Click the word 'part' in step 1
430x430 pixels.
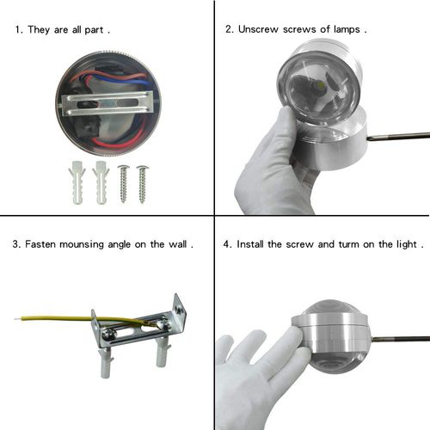point(94,30)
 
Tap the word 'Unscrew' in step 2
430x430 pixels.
point(258,29)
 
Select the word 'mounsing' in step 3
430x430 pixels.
point(82,244)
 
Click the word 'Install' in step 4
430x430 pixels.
point(250,244)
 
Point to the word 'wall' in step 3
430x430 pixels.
point(177,244)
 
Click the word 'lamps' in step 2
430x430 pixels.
point(347,29)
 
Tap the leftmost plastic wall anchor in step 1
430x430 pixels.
point(77,182)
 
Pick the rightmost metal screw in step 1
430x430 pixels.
point(142,184)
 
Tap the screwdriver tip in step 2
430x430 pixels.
point(368,139)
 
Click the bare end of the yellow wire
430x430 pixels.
point(18,318)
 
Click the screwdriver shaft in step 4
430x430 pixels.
point(400,339)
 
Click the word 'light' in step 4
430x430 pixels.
point(407,244)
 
